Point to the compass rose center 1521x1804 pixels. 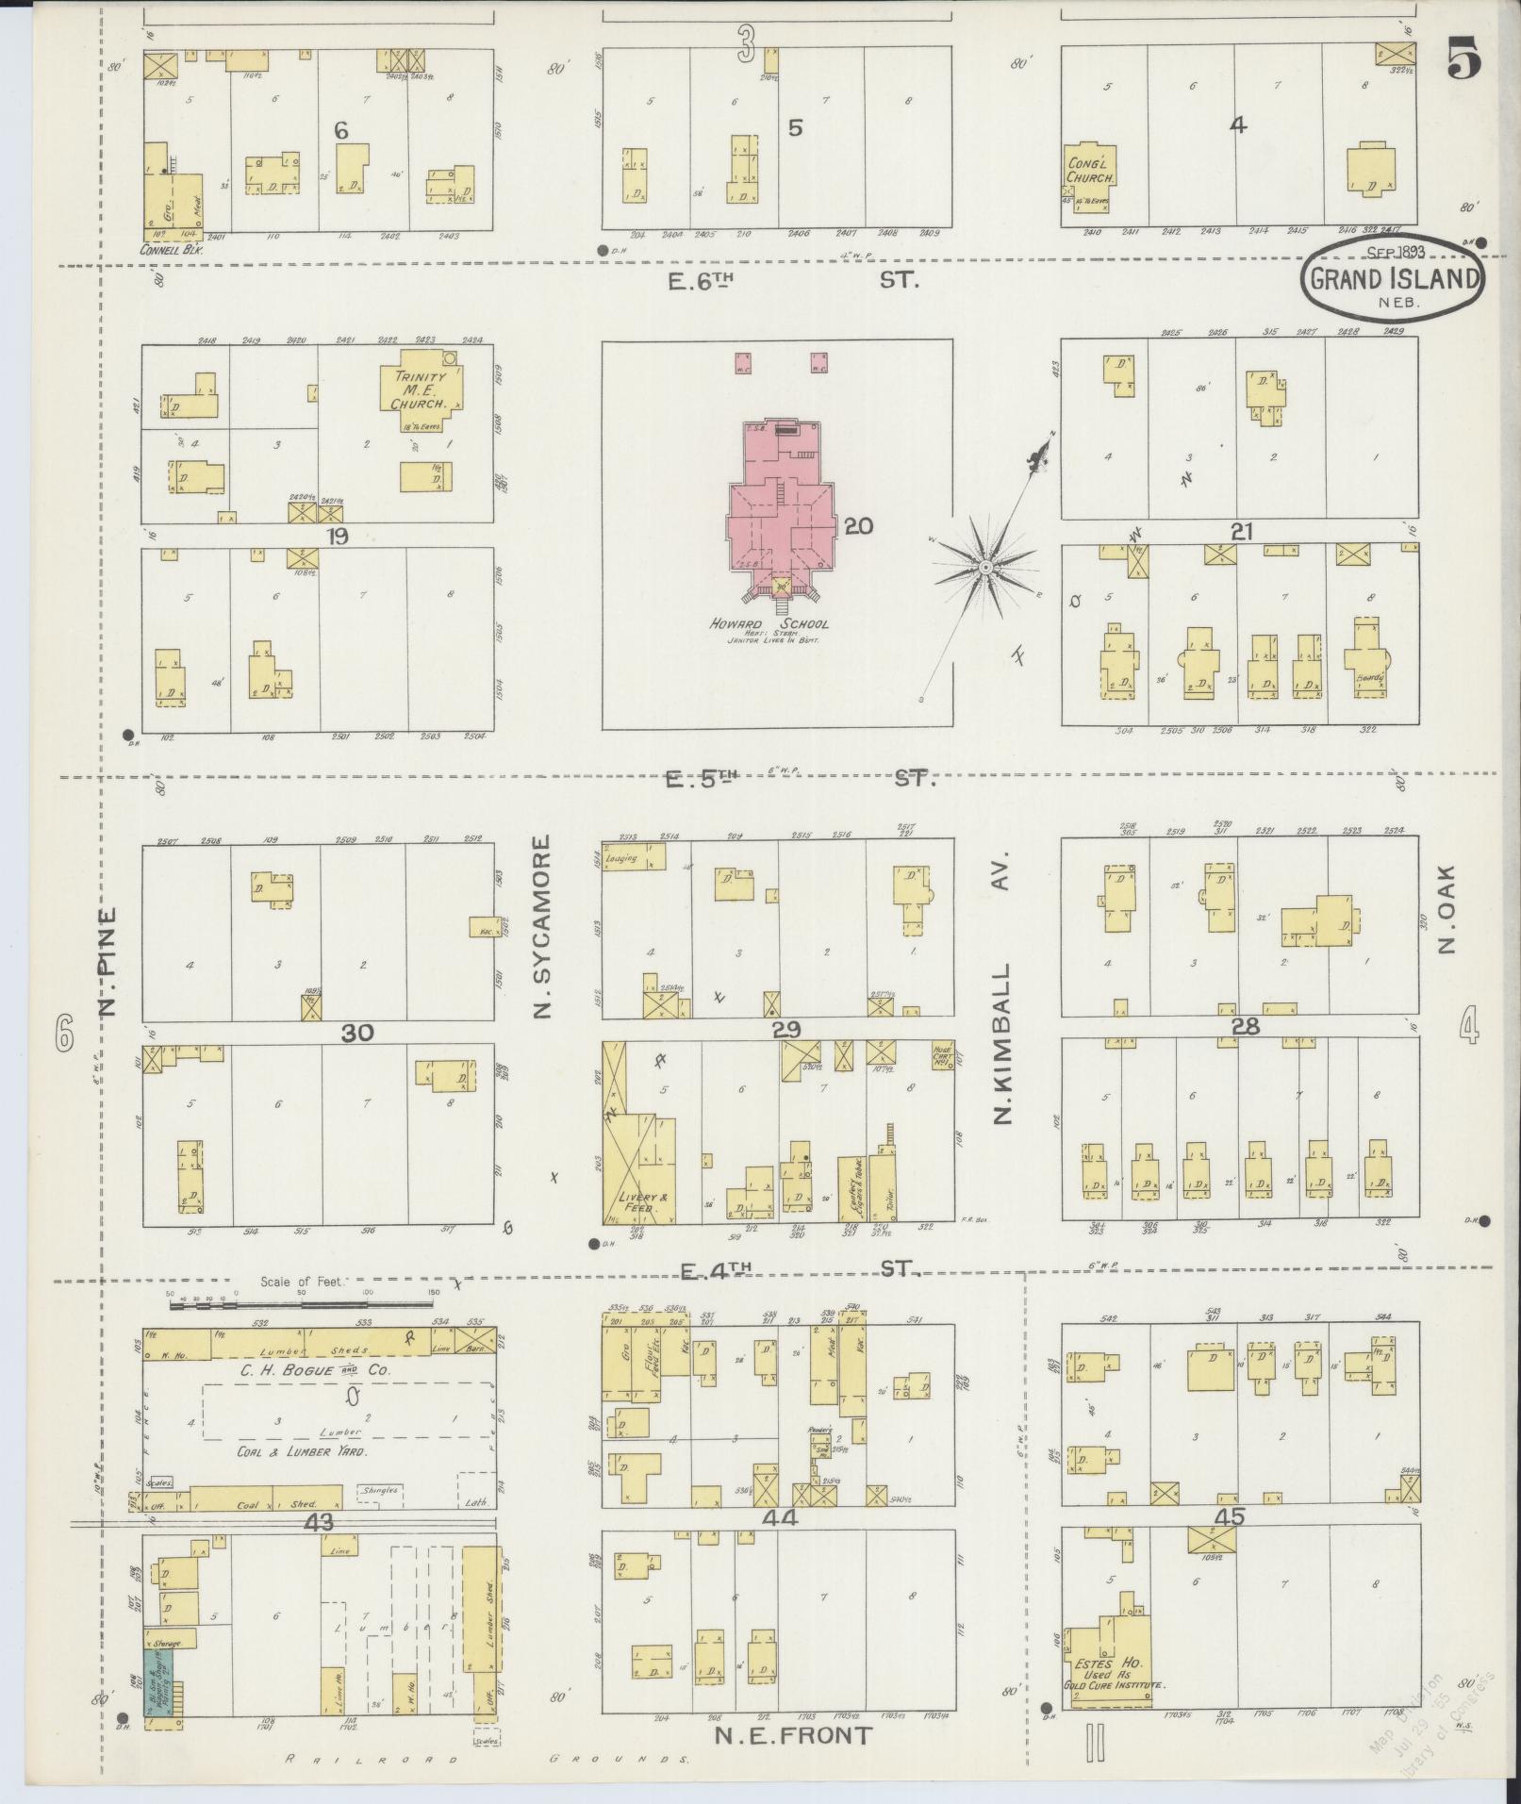tap(984, 567)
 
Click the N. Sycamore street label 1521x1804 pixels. tap(542, 927)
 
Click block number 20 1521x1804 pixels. tap(858, 526)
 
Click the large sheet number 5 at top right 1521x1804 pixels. tap(1463, 62)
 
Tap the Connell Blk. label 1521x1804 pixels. tap(171, 251)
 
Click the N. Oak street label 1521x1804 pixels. tap(1447, 909)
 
